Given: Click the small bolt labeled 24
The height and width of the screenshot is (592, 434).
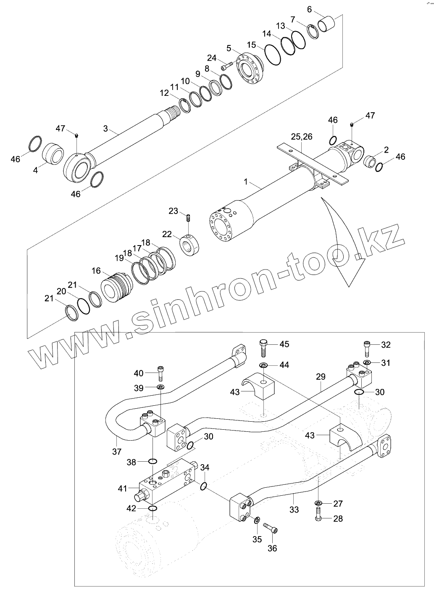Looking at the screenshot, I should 227,66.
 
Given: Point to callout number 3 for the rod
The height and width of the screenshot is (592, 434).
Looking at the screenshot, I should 105,127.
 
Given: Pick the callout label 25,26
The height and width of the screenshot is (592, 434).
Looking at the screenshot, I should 302,137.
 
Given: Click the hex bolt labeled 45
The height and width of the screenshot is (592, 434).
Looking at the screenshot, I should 263,347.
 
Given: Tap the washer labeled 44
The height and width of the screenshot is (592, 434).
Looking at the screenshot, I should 263,365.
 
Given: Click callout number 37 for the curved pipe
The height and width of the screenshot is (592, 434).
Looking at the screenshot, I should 117,452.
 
